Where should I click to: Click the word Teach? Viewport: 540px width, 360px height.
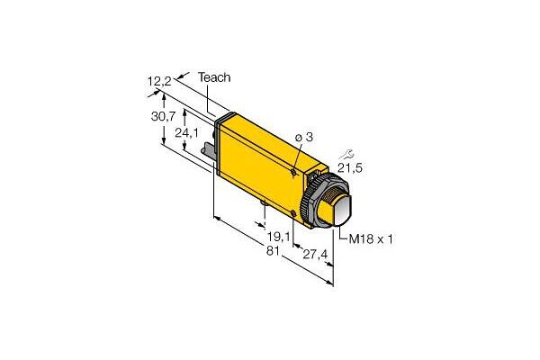click(x=213, y=78)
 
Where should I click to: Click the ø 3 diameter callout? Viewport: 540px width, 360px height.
click(x=305, y=136)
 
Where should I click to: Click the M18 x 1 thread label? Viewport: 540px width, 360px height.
click(x=368, y=238)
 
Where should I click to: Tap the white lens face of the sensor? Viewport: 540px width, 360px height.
click(x=339, y=214)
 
